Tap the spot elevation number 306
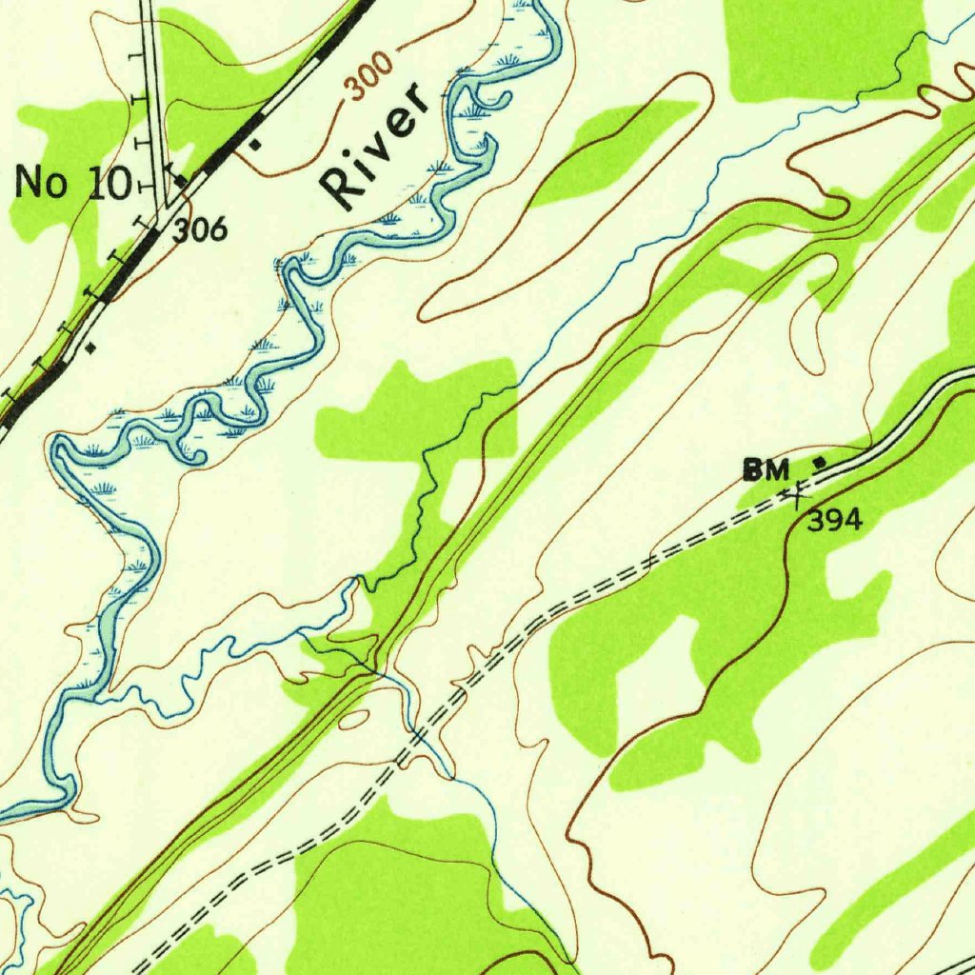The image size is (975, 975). pos(201,229)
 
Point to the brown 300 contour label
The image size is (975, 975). pos(368,78)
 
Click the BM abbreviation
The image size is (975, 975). pos(767,469)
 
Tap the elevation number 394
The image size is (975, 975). pos(835,520)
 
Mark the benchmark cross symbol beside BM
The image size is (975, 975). pos(795,493)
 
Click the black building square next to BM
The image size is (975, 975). pos(819,463)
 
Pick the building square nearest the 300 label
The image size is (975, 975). pos(254,145)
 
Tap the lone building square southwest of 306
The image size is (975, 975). pos(90,348)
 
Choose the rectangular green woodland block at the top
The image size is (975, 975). pos(825,48)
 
